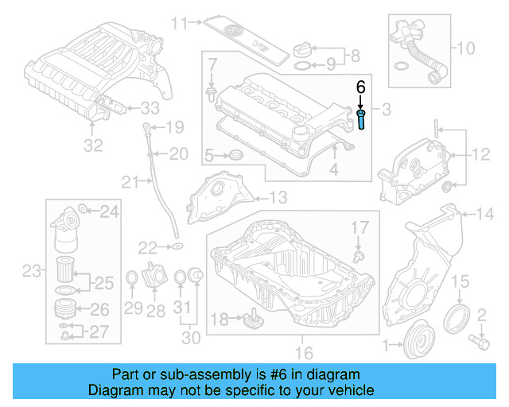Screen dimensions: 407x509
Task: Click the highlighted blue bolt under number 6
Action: point(362,122)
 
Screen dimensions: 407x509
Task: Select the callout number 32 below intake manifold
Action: point(93,145)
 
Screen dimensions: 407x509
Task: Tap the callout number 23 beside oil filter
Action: point(30,273)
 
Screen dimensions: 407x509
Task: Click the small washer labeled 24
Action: point(85,211)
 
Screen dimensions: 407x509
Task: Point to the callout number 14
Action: point(484,213)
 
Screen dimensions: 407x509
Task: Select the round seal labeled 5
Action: point(235,154)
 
